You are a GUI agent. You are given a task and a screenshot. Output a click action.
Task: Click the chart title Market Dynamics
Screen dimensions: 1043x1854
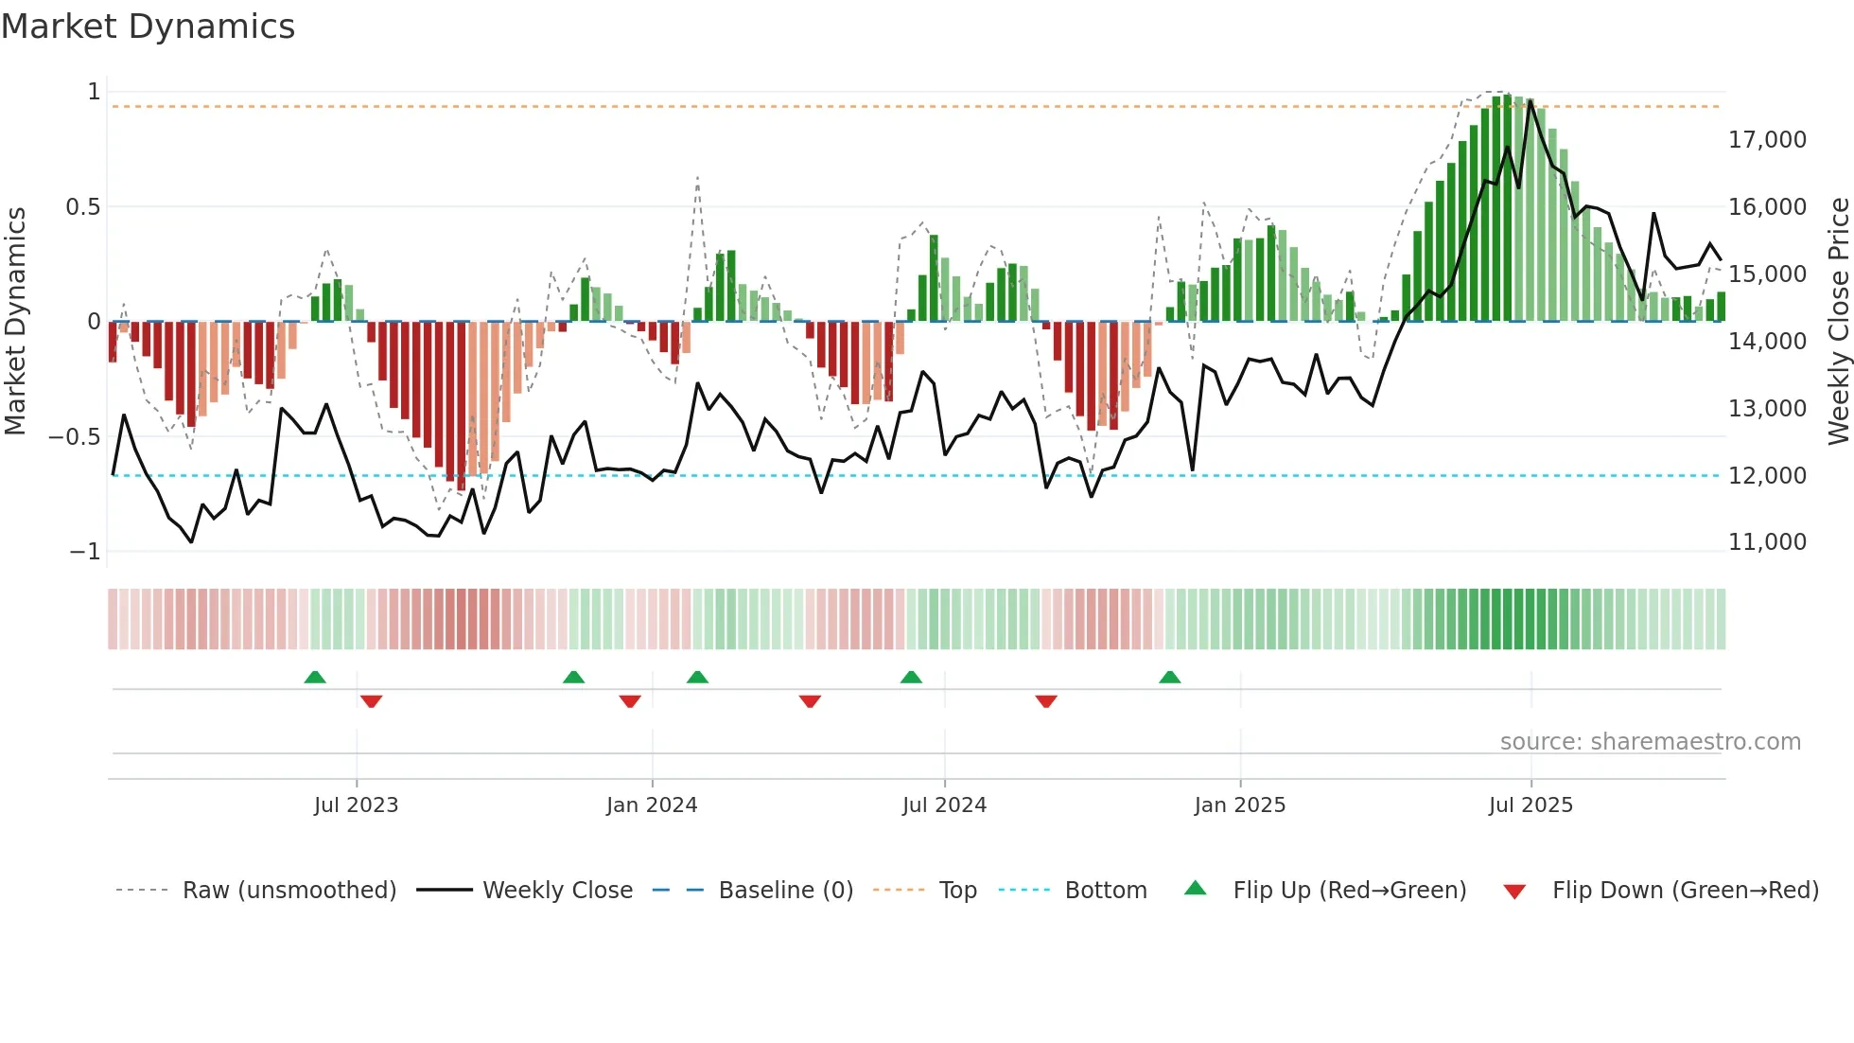coord(148,27)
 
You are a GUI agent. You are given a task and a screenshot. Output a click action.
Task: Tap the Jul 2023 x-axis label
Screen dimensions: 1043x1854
coord(356,805)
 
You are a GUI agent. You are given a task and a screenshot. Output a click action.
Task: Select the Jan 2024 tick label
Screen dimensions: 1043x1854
coord(652,805)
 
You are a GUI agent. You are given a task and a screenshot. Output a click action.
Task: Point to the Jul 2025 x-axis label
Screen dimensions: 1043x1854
coord(1530,805)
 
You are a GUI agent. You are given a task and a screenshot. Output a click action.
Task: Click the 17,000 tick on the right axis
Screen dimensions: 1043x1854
coord(1767,140)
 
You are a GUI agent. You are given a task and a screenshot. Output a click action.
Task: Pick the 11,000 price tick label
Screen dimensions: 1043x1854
coord(1767,542)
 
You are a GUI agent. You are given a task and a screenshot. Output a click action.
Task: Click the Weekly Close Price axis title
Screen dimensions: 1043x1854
coord(1838,322)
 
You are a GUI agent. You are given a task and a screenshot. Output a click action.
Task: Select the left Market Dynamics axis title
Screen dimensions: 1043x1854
coord(15,322)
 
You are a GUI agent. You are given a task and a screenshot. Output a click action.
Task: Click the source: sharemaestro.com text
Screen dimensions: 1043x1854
coord(1650,742)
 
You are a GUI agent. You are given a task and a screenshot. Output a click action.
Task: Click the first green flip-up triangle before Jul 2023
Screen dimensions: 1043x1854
coord(315,678)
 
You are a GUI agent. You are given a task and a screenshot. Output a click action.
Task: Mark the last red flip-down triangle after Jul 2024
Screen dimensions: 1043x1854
coord(1046,701)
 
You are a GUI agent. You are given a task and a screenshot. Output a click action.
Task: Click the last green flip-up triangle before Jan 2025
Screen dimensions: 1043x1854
coord(1170,678)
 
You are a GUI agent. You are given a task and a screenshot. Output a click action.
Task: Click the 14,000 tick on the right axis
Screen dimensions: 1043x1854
coord(1767,342)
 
